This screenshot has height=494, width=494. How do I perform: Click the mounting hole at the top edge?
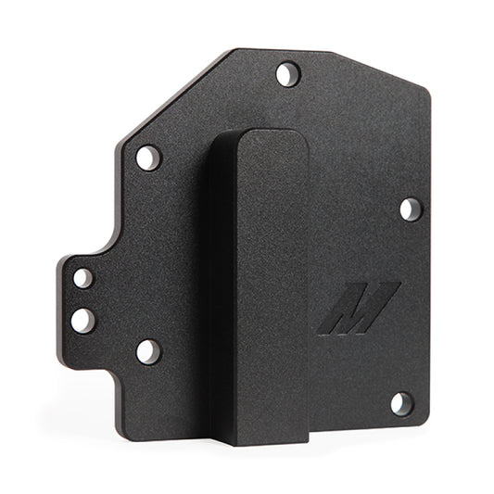pyautogui.click(x=288, y=72)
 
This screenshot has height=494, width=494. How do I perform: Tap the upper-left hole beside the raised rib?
pyautogui.click(x=148, y=158)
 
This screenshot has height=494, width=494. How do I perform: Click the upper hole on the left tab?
pyautogui.click(x=82, y=277)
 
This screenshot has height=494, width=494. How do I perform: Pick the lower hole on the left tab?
pyautogui.click(x=82, y=320)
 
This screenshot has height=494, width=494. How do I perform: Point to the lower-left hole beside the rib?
pyautogui.click(x=148, y=351)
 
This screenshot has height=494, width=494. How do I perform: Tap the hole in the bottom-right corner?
pyautogui.click(x=400, y=403)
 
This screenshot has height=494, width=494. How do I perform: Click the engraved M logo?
pyautogui.click(x=358, y=308)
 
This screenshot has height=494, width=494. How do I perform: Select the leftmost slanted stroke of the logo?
pyautogui.click(x=331, y=315)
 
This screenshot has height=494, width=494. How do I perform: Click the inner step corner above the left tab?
pyautogui.click(x=115, y=243)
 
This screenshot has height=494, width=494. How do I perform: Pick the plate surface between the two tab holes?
pyautogui.click(x=82, y=298)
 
